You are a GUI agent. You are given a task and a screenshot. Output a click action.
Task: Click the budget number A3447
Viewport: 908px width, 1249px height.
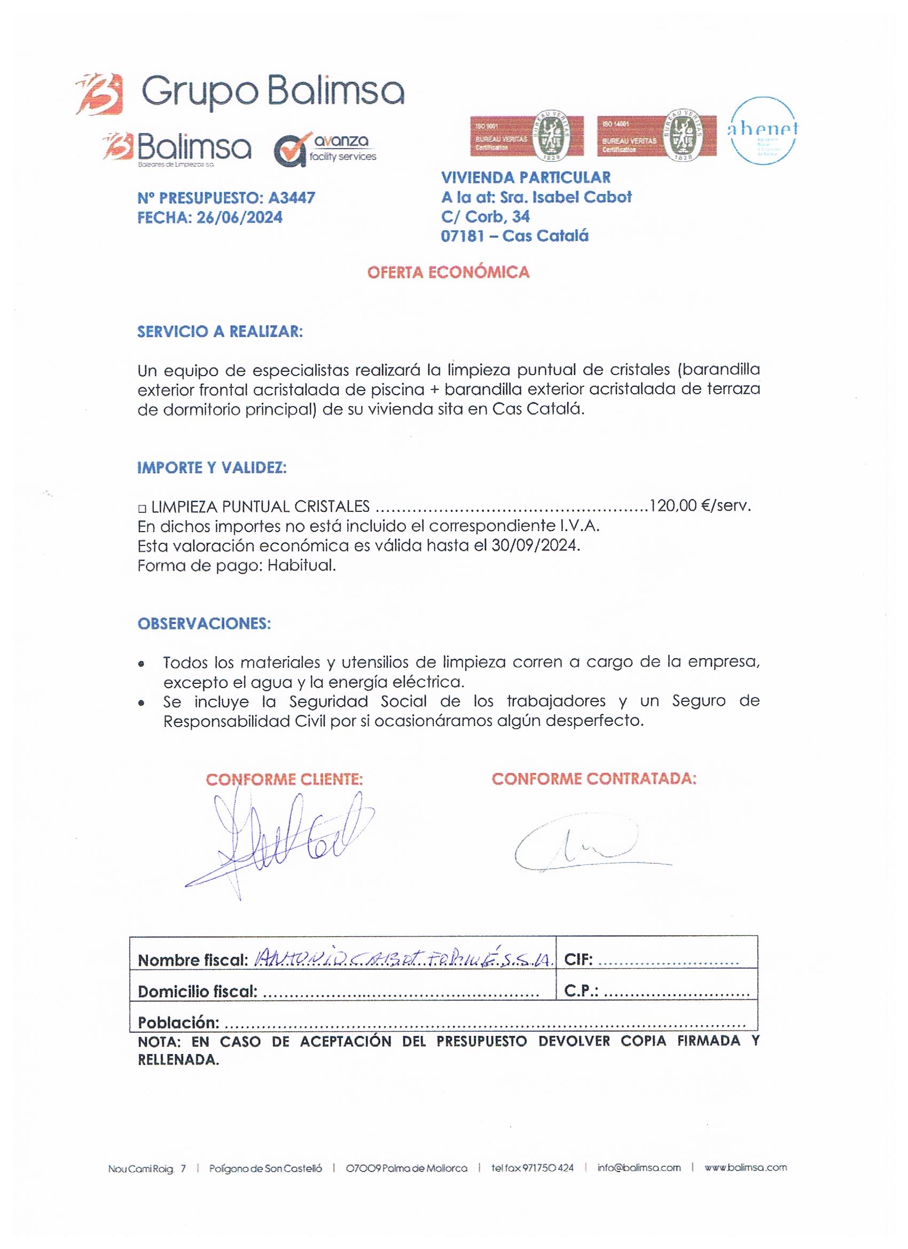tap(291, 198)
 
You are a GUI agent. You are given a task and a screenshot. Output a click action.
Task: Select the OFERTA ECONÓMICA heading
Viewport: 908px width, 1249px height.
tap(448, 272)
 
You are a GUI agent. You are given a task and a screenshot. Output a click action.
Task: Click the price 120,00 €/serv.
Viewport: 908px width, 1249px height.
tap(700, 505)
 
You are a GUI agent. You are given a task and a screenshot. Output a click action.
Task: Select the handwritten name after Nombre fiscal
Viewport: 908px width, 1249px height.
tap(402, 960)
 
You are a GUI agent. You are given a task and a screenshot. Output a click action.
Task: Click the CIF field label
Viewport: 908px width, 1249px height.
tap(578, 961)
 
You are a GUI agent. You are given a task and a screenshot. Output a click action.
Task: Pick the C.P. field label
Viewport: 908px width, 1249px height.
tap(581, 992)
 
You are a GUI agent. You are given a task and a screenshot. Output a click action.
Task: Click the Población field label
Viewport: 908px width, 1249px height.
tap(178, 1022)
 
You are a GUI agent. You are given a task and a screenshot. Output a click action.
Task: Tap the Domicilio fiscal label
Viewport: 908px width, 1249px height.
tap(197, 992)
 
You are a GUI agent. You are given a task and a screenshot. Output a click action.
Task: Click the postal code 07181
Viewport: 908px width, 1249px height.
tap(461, 236)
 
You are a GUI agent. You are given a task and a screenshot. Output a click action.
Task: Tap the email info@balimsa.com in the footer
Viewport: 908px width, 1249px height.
tap(639, 1167)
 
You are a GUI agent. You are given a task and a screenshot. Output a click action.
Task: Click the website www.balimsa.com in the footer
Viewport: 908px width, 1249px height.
tap(746, 1167)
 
